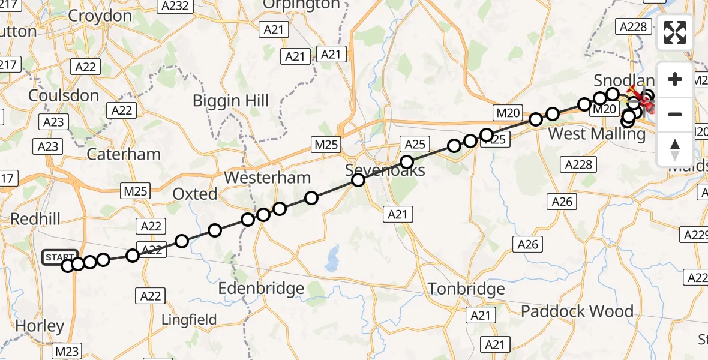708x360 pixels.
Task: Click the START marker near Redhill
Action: tap(60, 257)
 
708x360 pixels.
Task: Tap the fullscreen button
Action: tap(675, 32)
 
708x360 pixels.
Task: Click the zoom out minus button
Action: tap(675, 114)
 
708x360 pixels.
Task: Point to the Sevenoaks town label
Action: tap(385, 170)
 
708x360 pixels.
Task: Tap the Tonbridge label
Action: tap(466, 290)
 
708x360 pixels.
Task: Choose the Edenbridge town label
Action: tap(261, 289)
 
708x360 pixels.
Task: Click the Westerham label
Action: tap(267, 178)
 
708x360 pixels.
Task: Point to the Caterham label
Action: tap(124, 154)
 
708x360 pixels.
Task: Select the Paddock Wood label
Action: tap(577, 311)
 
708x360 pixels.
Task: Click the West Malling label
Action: tap(596, 134)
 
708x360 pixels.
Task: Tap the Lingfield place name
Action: tap(189, 320)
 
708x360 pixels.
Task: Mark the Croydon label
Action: tap(100, 16)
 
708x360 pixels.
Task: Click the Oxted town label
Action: tap(194, 194)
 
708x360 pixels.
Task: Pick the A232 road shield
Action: tap(175, 7)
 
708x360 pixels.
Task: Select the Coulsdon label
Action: tap(64, 96)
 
